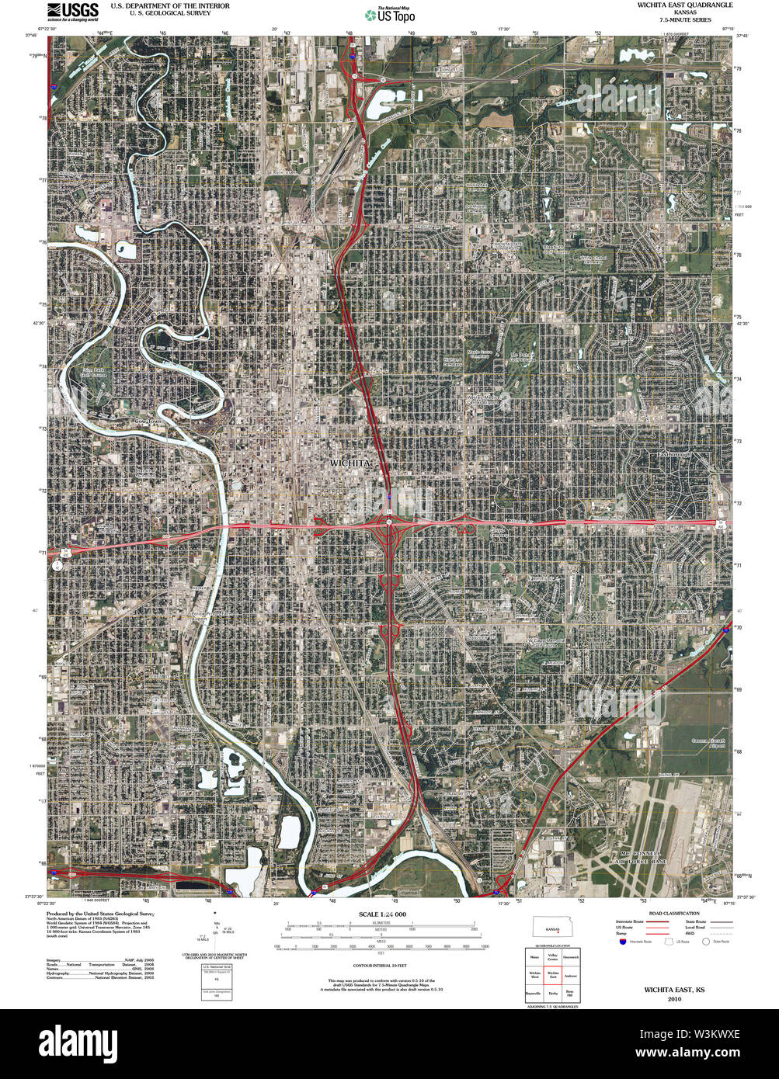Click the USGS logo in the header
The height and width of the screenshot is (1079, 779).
[x=73, y=10]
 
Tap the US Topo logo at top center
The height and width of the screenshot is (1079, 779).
[x=390, y=14]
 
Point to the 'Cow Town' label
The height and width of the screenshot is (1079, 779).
[x=151, y=422]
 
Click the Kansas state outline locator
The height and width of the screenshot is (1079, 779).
[x=552, y=928]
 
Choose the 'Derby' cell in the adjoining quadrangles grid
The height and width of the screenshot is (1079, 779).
[x=553, y=993]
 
